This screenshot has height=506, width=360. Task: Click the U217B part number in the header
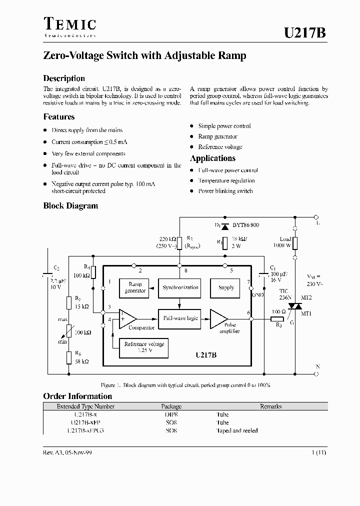[x=305, y=33]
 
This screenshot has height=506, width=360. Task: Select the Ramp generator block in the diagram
[x=135, y=287]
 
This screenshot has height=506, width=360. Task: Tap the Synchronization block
[x=180, y=287]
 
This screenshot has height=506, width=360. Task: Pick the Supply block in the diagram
[x=226, y=287]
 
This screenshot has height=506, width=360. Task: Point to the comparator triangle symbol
[x=127, y=318]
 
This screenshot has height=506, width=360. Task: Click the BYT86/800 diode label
[x=245, y=225]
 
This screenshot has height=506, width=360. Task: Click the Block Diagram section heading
[x=70, y=205]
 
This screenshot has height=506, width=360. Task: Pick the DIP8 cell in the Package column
[x=171, y=414]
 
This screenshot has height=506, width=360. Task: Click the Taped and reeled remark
[x=236, y=430]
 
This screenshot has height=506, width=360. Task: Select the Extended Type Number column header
[x=85, y=406]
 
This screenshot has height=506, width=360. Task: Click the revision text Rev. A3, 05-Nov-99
[x=67, y=452]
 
